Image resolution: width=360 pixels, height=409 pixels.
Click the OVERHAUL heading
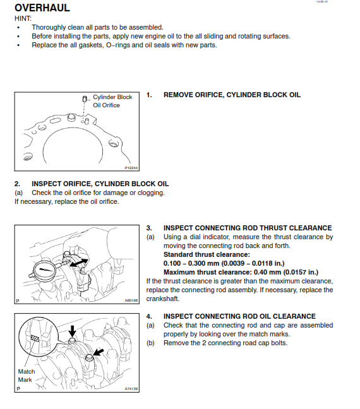coord(42,9)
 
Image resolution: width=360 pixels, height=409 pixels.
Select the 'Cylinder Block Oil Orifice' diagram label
coord(111,101)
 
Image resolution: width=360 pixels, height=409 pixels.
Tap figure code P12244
coord(131,168)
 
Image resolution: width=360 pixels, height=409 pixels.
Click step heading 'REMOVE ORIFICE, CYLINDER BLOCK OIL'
coord(232,95)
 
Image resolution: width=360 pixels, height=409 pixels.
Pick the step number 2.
coord(18,184)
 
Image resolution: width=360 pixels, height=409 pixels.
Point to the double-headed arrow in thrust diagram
coord(78,261)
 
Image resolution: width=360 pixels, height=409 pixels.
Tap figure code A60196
coord(130,301)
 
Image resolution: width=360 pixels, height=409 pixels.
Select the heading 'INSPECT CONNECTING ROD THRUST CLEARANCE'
coord(248,228)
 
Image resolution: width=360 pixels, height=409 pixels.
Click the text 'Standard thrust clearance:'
coord(201,254)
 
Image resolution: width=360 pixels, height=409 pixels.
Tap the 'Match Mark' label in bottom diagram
coord(27,376)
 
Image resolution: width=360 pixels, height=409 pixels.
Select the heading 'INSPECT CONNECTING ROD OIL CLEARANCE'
coord(239,316)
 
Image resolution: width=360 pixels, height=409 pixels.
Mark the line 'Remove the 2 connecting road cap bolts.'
coord(225,343)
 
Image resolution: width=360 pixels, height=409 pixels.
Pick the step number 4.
coord(149,316)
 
